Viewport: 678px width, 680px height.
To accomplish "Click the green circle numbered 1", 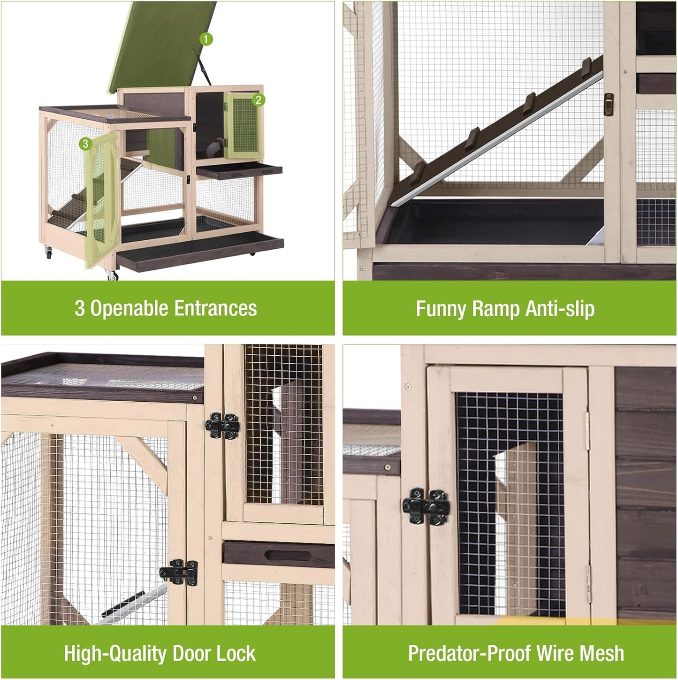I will click(x=206, y=39).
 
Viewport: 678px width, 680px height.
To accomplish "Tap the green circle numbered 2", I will click(x=258, y=99).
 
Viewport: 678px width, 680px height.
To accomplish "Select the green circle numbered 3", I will click(x=85, y=144).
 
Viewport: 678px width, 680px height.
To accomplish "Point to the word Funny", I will click(x=441, y=309).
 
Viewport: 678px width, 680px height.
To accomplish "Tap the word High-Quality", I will click(x=115, y=653).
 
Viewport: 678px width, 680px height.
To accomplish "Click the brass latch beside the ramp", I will click(x=609, y=104).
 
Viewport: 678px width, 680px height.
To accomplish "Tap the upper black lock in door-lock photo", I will click(x=222, y=426).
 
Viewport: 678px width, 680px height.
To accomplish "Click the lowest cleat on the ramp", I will click(x=416, y=173).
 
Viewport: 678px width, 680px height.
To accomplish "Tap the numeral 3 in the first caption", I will click(x=80, y=309).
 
